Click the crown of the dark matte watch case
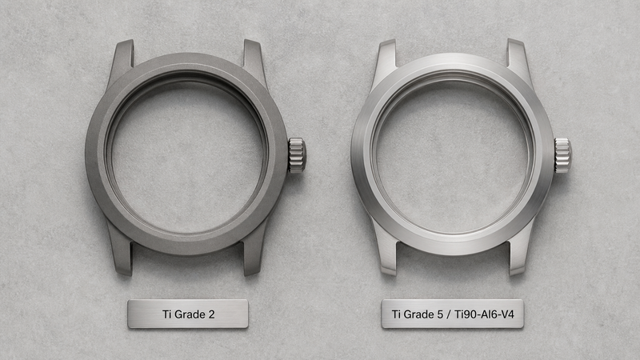click(x=297, y=155)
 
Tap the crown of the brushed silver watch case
click(x=562, y=155)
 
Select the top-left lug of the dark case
click(x=121, y=62)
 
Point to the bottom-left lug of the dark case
click(x=121, y=251)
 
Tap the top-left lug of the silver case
click(x=385, y=62)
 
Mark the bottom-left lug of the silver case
click(x=385, y=251)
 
